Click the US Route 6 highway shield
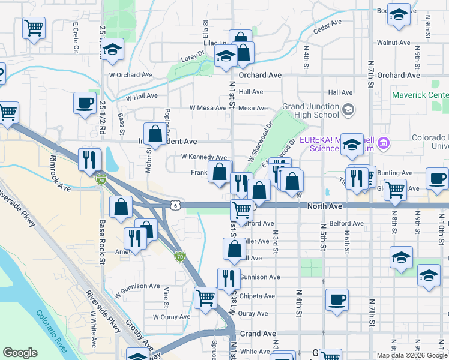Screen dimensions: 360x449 click(x=175, y=205)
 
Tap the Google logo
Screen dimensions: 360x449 click(x=20, y=353)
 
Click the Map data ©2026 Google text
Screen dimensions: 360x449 click(x=411, y=355)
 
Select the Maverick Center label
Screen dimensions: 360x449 click(x=420, y=95)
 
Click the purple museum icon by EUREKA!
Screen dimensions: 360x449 click(x=384, y=144)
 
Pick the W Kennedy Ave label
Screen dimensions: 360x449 click(x=204, y=157)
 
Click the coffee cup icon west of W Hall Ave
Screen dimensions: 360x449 click(x=85, y=103)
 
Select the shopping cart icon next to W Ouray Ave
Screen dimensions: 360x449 click(x=206, y=297)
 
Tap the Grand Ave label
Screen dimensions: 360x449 click(x=258, y=333)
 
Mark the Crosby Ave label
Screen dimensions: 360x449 click(x=137, y=333)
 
